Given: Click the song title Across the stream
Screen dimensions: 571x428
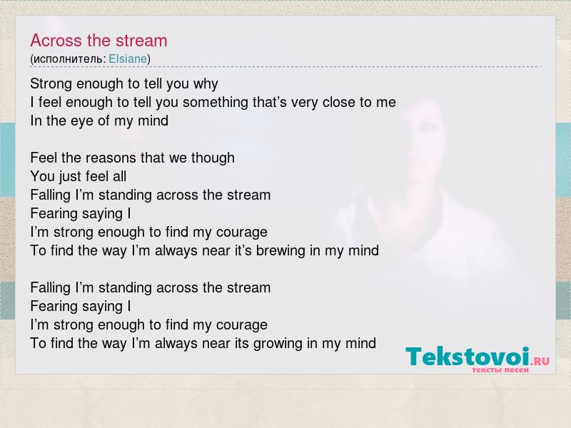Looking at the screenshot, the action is click(98, 41).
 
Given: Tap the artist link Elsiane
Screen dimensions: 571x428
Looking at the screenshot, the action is click(128, 58).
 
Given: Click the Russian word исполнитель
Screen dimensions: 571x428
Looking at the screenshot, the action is click(68, 59).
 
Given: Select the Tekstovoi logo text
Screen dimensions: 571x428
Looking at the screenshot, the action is click(468, 356).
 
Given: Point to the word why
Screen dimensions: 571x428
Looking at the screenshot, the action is click(206, 84).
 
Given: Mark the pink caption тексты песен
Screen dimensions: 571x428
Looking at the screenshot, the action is click(500, 370).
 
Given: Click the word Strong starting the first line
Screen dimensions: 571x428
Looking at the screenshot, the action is click(51, 83).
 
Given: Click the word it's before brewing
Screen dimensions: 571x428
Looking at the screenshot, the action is click(243, 250).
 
